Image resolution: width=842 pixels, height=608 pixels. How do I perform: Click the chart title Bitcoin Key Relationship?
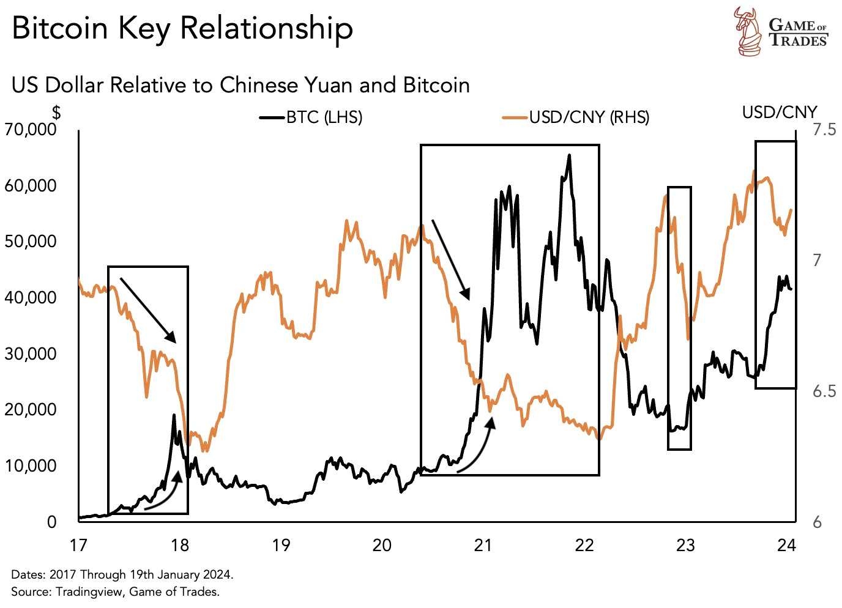[x=182, y=29]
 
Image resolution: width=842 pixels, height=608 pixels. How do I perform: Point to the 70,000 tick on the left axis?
[x=30, y=130]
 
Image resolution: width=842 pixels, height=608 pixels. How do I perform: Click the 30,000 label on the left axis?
[x=30, y=354]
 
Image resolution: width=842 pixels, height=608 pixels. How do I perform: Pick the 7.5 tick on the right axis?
[x=824, y=130]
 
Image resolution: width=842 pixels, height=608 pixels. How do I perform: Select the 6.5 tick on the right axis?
[x=824, y=391]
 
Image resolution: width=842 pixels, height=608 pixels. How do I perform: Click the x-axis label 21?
[x=483, y=544]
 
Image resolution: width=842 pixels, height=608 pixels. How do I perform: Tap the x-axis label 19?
[x=281, y=544]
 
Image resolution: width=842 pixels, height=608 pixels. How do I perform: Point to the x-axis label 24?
[x=787, y=544]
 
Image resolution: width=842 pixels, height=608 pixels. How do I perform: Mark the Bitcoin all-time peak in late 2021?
[x=570, y=155]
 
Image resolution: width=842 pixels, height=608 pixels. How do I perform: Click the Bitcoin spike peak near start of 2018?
[x=174, y=415]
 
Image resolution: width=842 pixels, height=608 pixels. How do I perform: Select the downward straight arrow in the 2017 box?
[x=148, y=310]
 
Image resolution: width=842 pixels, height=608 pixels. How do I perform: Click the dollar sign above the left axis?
[x=56, y=113]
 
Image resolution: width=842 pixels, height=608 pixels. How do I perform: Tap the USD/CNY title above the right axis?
[x=780, y=112]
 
